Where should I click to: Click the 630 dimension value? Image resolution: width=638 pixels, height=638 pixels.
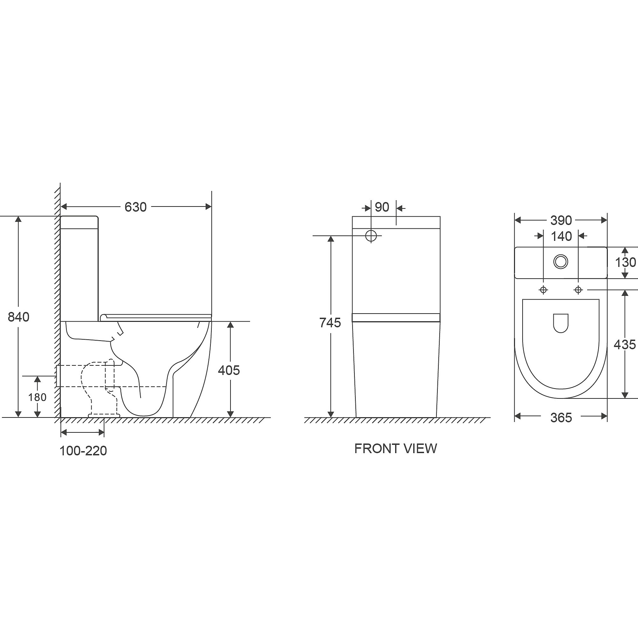(x=135, y=207)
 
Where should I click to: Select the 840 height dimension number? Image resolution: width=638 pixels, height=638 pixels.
(x=18, y=317)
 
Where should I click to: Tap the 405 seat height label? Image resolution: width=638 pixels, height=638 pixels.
(x=229, y=370)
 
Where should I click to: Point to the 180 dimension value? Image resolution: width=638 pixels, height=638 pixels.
(x=37, y=397)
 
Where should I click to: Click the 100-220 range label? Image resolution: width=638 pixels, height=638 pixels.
(x=83, y=451)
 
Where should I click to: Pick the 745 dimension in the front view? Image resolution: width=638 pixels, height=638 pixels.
(x=330, y=322)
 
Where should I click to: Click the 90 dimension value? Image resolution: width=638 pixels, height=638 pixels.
(x=382, y=207)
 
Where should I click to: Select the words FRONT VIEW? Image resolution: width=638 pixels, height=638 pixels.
(x=395, y=448)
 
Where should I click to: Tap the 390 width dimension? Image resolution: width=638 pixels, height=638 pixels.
(x=561, y=220)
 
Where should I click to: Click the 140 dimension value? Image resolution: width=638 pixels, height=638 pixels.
(x=561, y=236)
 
